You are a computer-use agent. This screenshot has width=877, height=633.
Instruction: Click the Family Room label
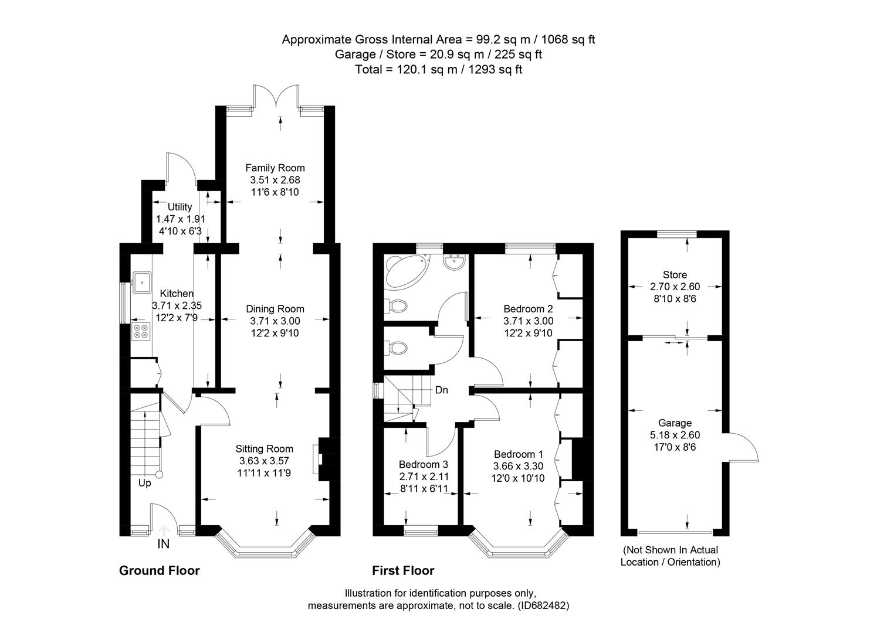click(x=275, y=168)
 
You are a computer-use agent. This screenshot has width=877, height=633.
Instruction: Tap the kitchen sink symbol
click(x=142, y=282)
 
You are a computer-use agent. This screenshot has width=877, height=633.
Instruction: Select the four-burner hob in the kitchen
click(x=141, y=331)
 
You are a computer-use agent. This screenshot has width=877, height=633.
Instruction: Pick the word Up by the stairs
click(x=144, y=483)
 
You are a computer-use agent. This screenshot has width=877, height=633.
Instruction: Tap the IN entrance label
click(x=163, y=544)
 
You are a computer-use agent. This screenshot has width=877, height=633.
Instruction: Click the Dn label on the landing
click(x=442, y=390)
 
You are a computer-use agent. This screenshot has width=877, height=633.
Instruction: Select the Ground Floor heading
click(x=160, y=571)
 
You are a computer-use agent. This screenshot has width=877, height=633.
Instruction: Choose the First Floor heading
click(x=403, y=571)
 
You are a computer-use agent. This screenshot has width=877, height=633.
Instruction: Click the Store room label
click(x=675, y=275)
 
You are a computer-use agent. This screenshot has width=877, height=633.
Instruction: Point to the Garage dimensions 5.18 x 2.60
click(x=675, y=435)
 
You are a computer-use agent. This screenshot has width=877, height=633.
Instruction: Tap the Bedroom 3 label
click(x=423, y=464)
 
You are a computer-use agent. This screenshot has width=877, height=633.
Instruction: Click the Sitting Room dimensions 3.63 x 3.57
click(x=265, y=461)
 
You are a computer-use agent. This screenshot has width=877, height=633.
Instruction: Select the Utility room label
click(x=180, y=207)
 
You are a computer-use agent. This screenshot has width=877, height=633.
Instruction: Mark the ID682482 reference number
click(x=543, y=605)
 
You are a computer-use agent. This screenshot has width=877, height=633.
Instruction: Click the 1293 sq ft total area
click(x=495, y=70)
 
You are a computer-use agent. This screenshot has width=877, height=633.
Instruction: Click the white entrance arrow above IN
click(x=164, y=530)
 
